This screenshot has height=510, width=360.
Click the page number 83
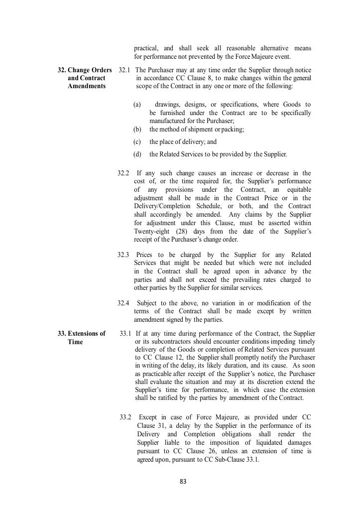pos(183,482)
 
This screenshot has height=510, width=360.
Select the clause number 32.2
pos(123,173)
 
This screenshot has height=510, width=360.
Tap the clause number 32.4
pos(123,303)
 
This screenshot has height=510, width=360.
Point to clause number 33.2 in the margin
pos(125,417)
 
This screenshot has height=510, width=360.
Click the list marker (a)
pos(137,105)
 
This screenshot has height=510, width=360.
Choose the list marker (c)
pos(137,142)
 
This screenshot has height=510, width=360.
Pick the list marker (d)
pos(137,154)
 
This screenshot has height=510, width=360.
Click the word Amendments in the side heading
pos(87,86)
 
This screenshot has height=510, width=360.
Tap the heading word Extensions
pos(86,334)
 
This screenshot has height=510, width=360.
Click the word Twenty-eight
pos(151,232)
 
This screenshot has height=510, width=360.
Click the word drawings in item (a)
pos(167,105)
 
